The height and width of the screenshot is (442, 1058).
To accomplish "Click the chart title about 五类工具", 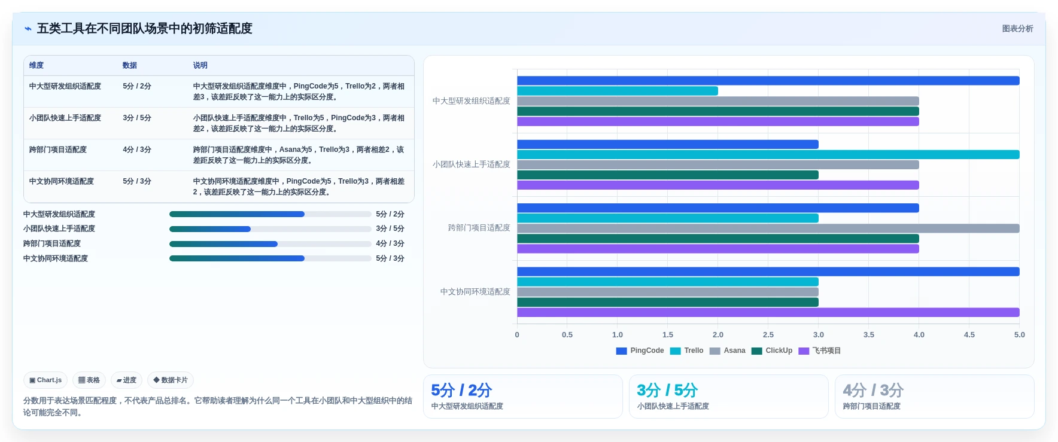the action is coord(144,29).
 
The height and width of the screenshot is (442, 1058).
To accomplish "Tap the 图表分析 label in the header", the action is coord(1017,29).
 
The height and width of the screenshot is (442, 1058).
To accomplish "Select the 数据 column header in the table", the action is coord(130,65).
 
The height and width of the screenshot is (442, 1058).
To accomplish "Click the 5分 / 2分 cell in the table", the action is coord(137,86).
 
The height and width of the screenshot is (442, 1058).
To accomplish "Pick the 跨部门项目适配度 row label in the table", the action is coord(58,150).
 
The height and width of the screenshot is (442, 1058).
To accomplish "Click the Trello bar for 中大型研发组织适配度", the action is coord(618,91).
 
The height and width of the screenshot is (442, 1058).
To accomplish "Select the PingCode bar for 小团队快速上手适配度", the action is coord(668,144).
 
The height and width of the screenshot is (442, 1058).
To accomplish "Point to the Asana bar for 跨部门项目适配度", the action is coord(768,228).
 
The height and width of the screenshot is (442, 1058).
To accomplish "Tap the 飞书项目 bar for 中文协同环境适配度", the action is coord(768,312).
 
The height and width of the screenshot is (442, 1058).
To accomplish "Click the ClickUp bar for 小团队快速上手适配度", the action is coord(668,175).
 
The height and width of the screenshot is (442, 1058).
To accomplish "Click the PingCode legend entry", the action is coord(640,351).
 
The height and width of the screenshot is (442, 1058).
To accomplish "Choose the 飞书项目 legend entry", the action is coord(819,351).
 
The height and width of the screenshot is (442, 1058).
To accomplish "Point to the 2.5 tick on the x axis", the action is coord(768,335).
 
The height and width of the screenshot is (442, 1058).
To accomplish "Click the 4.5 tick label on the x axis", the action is coord(969,335).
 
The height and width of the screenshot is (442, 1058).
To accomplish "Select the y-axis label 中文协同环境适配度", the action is coord(475,292).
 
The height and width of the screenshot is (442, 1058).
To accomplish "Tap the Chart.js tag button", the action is coord(45,380).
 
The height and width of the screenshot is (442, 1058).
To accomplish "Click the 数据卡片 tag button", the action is coord(171,380).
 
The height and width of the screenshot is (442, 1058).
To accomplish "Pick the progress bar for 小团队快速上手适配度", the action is coord(270,229).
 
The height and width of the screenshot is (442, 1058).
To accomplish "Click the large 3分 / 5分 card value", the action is coord(667,391).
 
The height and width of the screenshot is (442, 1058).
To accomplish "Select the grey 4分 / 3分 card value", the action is coord(873,391).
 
